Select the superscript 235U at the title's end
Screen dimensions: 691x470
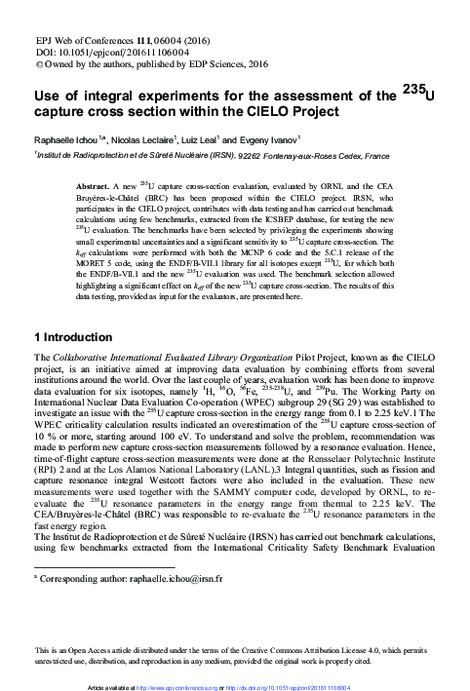point(418,94)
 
